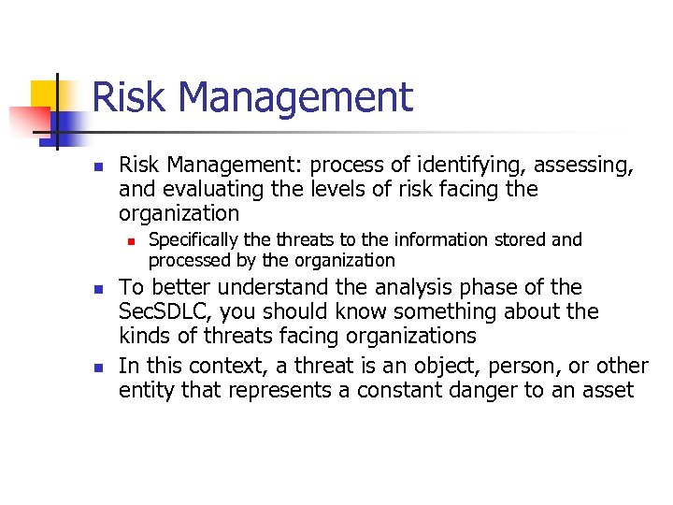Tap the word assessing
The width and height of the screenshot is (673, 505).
pos(577,166)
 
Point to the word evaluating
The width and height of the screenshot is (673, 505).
pos(204,189)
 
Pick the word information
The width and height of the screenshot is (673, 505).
pos(448,240)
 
